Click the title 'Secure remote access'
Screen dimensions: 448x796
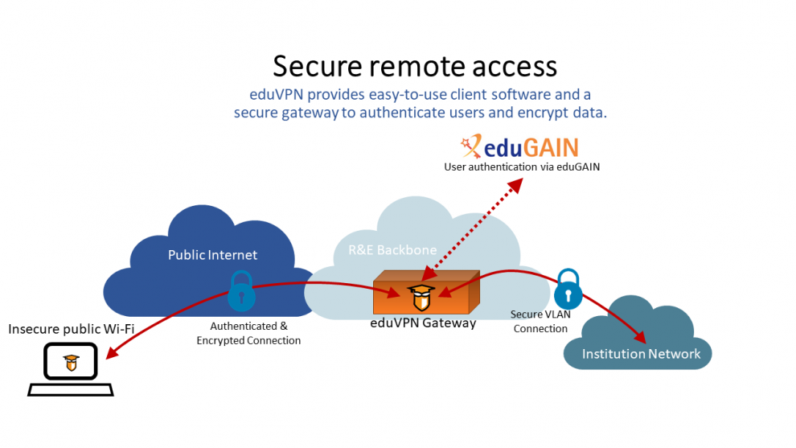415,66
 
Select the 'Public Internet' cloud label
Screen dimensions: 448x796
212,255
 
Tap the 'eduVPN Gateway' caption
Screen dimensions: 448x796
423,323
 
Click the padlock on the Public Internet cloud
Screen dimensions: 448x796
240,292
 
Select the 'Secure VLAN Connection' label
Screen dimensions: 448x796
540,322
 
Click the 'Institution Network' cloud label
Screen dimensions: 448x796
641,354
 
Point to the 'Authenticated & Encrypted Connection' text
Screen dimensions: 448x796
248,334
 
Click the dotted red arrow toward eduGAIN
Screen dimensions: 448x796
474,222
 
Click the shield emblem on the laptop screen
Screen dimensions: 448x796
72,362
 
